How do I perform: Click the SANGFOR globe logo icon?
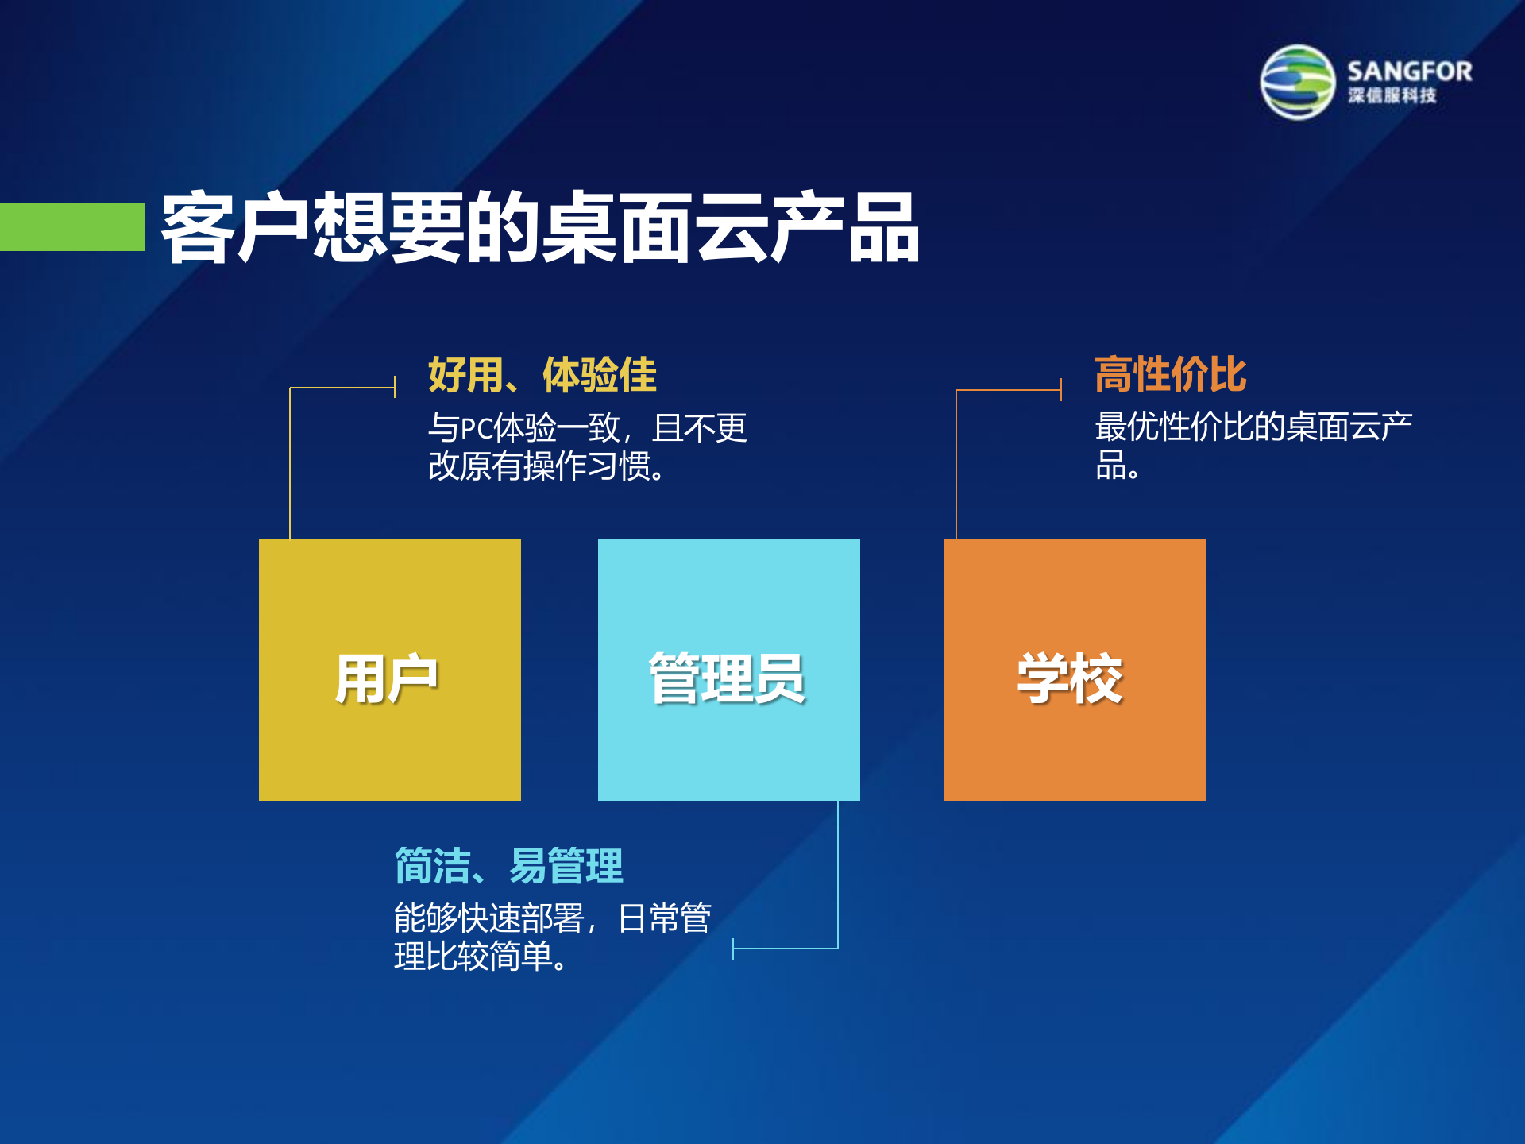point(1298,82)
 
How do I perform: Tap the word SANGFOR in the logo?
point(1409,71)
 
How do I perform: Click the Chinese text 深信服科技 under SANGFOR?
point(1392,96)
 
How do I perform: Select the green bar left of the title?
point(71,227)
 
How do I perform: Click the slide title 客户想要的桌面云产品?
point(540,228)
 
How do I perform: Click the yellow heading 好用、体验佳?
point(542,375)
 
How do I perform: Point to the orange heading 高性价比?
point(1170,374)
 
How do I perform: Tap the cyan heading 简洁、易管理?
point(508,865)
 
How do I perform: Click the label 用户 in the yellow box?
point(387,679)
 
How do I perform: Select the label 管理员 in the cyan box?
point(728,679)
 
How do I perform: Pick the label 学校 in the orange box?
point(1071,679)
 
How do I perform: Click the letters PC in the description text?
point(477,429)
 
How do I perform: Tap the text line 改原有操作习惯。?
point(546,466)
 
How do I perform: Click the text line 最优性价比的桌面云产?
point(1253,427)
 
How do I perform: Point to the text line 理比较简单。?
point(481,957)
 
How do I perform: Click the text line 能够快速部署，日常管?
point(552,918)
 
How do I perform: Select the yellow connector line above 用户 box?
point(290,461)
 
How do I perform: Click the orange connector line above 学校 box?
point(956,461)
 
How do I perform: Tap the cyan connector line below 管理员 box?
point(838,874)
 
